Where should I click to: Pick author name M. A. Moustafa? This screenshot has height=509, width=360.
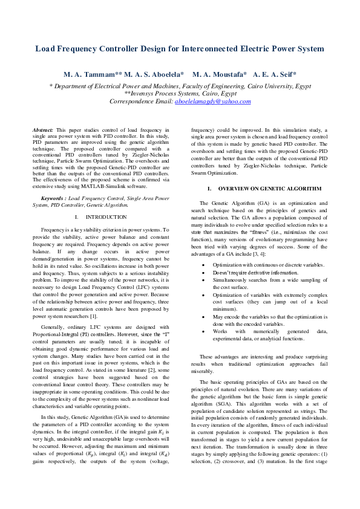click(219, 74)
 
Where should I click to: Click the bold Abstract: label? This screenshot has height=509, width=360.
click(43, 130)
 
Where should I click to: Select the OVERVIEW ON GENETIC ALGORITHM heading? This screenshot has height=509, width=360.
click(265, 189)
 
